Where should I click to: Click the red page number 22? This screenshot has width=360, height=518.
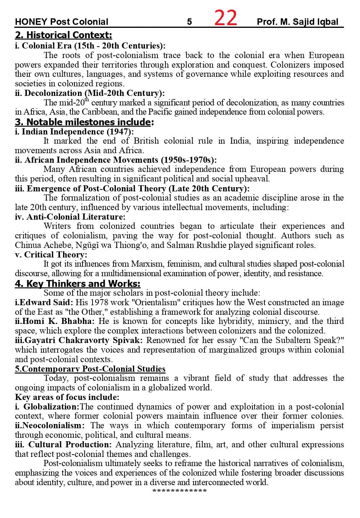(x=225, y=18)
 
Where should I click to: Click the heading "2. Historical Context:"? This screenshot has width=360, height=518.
(x=63, y=36)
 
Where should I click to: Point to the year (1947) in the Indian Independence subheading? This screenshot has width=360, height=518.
(x=120, y=131)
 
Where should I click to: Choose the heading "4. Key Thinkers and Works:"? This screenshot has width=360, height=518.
(x=78, y=284)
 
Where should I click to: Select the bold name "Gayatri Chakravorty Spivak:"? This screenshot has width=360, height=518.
(x=79, y=340)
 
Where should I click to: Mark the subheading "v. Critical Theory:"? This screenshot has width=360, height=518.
(x=51, y=255)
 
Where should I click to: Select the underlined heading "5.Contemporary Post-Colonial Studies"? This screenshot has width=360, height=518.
(x=90, y=369)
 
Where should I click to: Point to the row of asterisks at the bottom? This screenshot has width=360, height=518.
(x=180, y=491)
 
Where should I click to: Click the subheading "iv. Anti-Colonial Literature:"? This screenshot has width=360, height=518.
(x=70, y=217)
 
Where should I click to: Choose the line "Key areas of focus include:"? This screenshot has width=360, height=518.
(x=67, y=397)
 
